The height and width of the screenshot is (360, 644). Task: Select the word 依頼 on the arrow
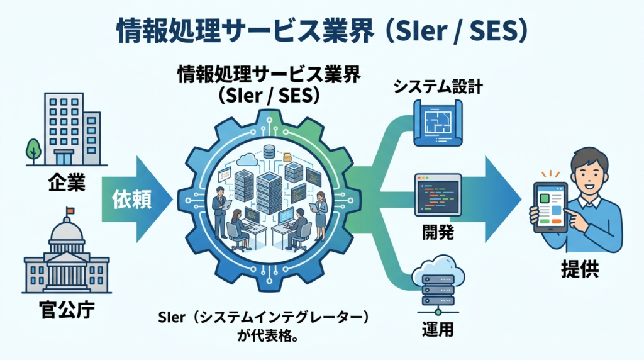pyautogui.click(x=131, y=200)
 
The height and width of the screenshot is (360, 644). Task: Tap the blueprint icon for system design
pyautogui.click(x=438, y=125)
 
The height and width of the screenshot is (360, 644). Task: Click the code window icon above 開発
pyautogui.click(x=438, y=195)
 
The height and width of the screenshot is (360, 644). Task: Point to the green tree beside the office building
pyautogui.click(x=33, y=150)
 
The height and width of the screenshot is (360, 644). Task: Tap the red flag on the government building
pyautogui.click(x=69, y=210)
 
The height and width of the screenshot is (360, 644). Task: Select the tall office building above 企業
pyautogui.click(x=64, y=129)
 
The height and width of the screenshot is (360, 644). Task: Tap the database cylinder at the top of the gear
pyautogui.click(x=269, y=151)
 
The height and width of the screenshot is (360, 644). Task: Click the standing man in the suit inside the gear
pyautogui.click(x=220, y=208)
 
